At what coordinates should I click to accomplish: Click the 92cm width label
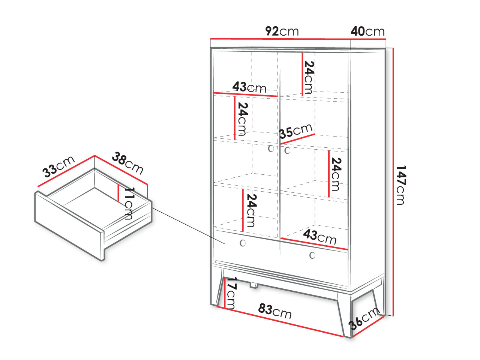[x=282, y=31]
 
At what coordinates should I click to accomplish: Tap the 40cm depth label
[x=367, y=31]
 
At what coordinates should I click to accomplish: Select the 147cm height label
[x=401, y=185]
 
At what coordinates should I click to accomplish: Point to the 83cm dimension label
[x=275, y=311]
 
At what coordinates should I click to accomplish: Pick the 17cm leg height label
[x=232, y=293]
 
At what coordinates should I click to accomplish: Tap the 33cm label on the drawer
[x=58, y=166]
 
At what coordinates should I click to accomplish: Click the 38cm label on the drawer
[x=128, y=163]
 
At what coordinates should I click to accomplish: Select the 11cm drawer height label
[x=129, y=203]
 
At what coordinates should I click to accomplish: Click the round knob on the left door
[x=271, y=148]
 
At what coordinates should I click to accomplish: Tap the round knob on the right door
[x=287, y=150]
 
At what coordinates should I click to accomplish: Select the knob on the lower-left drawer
[x=243, y=243]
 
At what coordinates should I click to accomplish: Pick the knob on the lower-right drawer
[x=312, y=255]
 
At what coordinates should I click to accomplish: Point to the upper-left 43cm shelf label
[x=249, y=87]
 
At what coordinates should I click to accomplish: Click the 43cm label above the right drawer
[x=320, y=237]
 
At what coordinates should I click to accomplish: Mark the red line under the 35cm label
[x=298, y=139]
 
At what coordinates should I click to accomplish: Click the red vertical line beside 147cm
[x=393, y=182]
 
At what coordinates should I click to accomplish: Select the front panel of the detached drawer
[x=69, y=226]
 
